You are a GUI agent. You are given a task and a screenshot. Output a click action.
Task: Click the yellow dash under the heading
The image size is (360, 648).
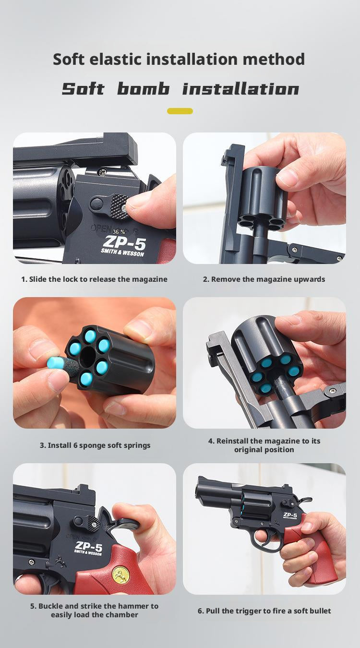(x=180, y=111)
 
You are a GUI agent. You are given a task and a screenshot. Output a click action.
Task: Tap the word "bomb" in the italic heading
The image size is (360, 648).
(x=143, y=88)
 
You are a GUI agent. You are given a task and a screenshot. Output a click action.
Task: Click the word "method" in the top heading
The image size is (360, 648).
(x=274, y=59)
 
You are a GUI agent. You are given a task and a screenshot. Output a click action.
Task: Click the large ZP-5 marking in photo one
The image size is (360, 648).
(x=125, y=242)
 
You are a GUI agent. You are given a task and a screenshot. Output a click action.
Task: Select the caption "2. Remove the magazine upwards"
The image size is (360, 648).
(x=264, y=279)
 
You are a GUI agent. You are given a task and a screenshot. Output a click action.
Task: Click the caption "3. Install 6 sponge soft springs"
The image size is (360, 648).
(x=95, y=445)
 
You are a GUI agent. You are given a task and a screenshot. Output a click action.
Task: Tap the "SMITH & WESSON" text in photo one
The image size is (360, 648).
(x=122, y=252)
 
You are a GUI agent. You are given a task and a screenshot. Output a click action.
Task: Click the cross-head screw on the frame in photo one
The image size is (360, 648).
(x=102, y=173)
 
